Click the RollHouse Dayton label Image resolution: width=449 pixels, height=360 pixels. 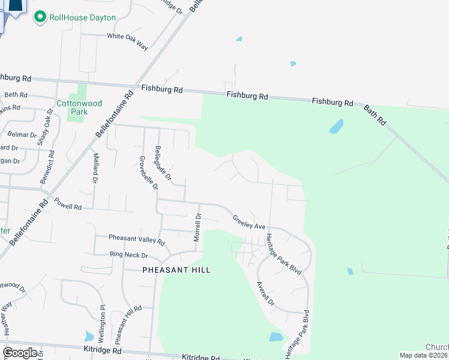pos(82,17)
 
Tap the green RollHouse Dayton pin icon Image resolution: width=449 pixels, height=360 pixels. pos(40,17)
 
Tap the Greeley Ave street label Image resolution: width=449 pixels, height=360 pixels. pos(249,223)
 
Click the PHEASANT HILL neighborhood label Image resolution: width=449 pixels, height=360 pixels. pos(176,270)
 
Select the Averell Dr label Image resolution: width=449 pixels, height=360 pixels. pos(265,293)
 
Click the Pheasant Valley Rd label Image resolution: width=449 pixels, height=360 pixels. pos(136,239)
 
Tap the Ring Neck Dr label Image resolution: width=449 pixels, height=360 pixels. pos(128,254)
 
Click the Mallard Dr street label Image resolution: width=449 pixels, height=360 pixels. pos(95,168)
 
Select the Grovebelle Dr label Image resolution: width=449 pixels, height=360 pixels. pos(148,173)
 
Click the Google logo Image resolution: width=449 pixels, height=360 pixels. pos(20,353)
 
